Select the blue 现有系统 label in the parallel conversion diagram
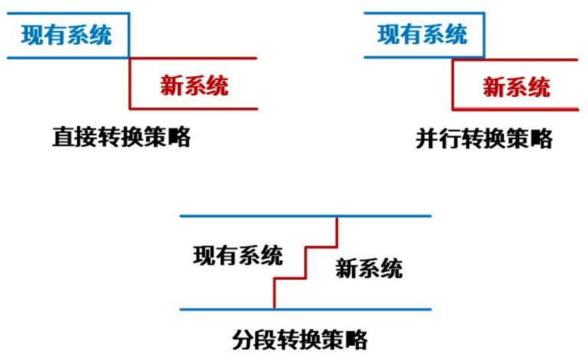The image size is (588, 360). (x=422, y=34)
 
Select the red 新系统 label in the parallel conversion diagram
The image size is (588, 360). (x=517, y=86)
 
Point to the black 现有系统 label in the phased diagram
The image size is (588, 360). (x=237, y=255)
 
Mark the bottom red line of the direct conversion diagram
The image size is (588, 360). (x=194, y=109)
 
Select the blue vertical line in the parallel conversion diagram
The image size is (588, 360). (x=485, y=34)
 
